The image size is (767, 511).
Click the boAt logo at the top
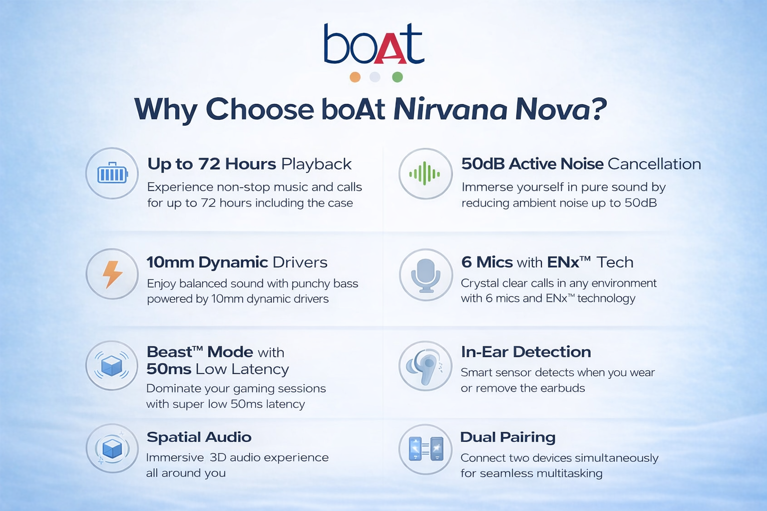coord(374,43)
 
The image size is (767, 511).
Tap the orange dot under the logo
coord(355,77)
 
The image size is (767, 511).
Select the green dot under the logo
coord(397,77)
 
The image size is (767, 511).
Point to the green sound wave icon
coord(424,174)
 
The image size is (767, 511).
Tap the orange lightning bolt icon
coord(112,274)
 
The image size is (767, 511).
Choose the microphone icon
coord(425,275)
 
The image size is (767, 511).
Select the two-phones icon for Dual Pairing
coord(426,449)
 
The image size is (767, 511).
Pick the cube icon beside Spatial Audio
coord(112,448)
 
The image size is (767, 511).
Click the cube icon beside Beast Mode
coord(112,366)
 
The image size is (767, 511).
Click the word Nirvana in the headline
coord(450,109)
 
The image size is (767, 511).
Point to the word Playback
coord(316,164)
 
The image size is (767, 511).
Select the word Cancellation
coord(654,164)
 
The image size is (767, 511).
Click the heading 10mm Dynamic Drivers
coord(237,262)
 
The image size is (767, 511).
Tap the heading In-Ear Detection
coord(526,352)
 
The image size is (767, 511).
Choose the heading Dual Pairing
coord(508,438)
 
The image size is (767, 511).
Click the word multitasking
coord(569,474)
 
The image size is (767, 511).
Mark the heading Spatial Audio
coord(199,437)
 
